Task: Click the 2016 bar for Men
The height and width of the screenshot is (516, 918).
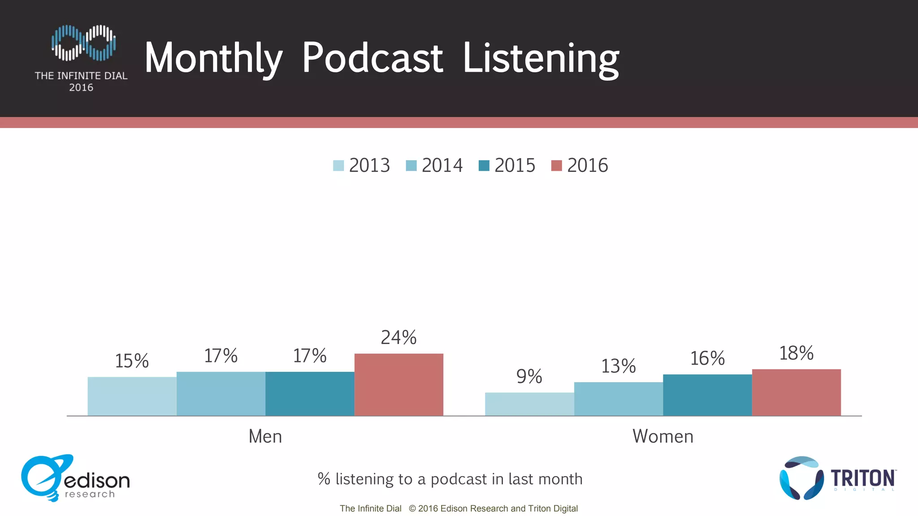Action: [x=398, y=385]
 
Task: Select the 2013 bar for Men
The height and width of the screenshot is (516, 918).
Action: [x=132, y=396]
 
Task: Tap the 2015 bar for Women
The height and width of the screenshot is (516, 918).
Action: [x=707, y=395]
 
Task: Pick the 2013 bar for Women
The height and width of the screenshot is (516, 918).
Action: [x=529, y=404]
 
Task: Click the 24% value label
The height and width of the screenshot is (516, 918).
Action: [x=398, y=338]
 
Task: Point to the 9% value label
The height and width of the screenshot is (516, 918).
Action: [x=529, y=377]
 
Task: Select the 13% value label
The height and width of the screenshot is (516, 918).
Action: [x=618, y=366]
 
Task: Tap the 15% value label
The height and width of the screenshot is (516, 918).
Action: [x=132, y=361]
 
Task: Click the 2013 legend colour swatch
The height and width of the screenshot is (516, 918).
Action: [x=338, y=166]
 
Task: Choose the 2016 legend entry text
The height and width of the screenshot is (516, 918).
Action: [x=587, y=166]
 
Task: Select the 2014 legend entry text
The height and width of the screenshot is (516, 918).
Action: [x=442, y=166]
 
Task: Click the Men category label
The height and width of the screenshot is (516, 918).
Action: [x=265, y=436]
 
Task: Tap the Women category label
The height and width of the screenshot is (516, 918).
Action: [x=663, y=436]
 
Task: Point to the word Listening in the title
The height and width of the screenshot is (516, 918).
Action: [x=541, y=58]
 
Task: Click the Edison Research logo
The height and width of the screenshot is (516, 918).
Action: [x=75, y=478]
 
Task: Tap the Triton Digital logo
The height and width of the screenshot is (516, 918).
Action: [x=837, y=478]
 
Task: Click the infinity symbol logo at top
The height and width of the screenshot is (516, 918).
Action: [x=83, y=43]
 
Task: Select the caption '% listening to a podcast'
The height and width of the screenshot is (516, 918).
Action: [x=450, y=479]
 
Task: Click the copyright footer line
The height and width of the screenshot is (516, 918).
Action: [x=459, y=508]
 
